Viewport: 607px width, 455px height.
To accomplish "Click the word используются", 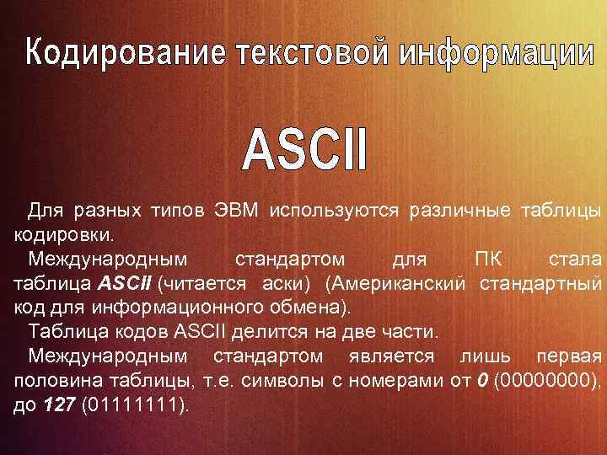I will click(335, 208).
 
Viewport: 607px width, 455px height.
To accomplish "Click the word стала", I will click(576, 256).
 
